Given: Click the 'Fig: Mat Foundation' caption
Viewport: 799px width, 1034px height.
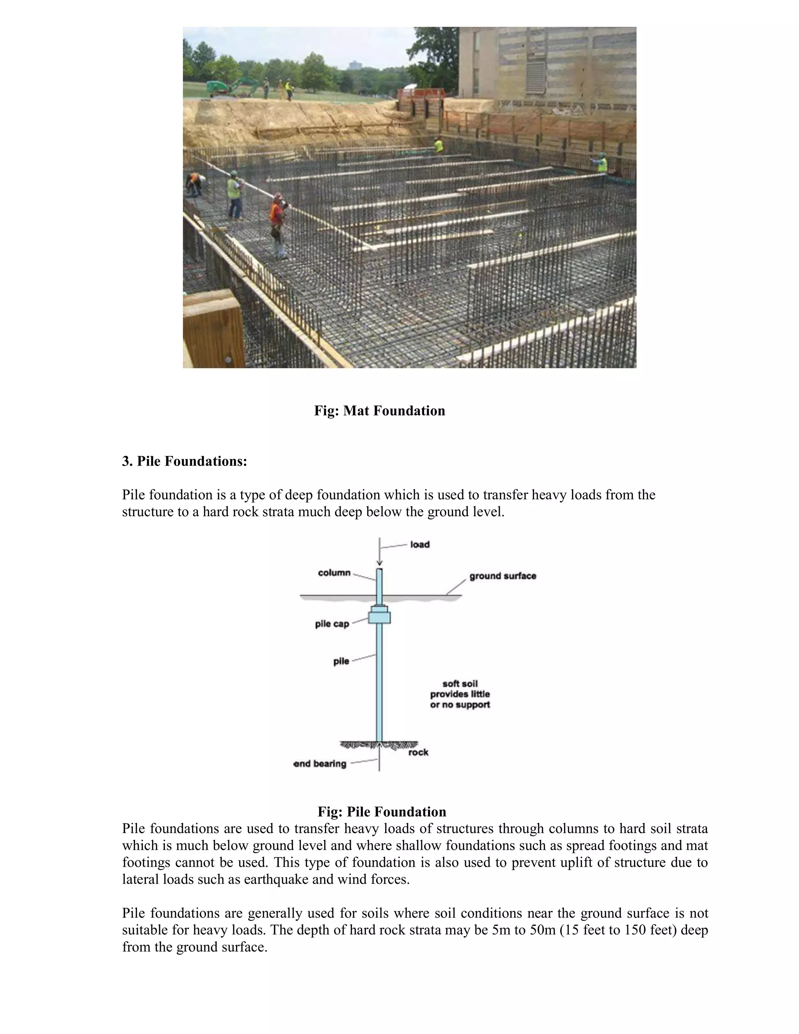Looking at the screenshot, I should tap(379, 410).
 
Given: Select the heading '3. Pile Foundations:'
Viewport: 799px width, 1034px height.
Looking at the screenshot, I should tap(185, 461).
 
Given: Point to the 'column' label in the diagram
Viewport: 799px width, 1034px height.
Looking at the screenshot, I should tap(334, 573).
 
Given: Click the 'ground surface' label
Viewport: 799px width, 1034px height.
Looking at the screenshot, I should tap(502, 576).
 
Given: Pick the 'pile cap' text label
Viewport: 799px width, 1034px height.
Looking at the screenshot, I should tap(332, 624).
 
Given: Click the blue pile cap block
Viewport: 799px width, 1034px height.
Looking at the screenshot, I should tap(379, 617).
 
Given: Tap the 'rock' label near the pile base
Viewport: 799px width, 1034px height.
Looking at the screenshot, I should tap(419, 752).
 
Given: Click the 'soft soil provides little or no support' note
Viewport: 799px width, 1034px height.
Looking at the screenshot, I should tap(460, 694).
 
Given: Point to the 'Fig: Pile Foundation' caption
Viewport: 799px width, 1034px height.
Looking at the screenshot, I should tap(382, 812).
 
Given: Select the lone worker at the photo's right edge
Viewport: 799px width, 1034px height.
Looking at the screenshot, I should tap(601, 164).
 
